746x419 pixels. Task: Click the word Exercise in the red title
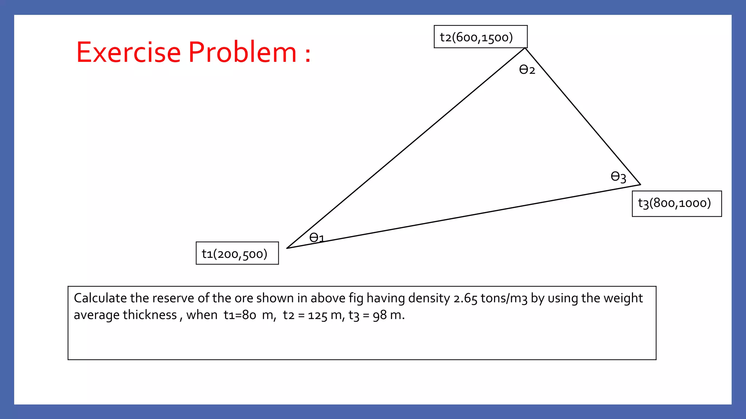[128, 52]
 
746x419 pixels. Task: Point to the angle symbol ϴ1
[316, 238]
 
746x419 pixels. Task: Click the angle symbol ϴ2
[527, 69]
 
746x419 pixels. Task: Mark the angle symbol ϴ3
[618, 177]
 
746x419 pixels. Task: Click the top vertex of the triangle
[525, 48]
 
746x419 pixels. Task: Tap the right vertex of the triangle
[640, 184]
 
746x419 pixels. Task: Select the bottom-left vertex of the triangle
[287, 248]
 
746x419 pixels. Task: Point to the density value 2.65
[465, 299]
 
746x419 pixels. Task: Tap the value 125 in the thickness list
[318, 315]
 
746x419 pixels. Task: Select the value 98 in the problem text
[380, 315]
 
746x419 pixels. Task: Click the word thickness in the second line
[150, 315]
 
